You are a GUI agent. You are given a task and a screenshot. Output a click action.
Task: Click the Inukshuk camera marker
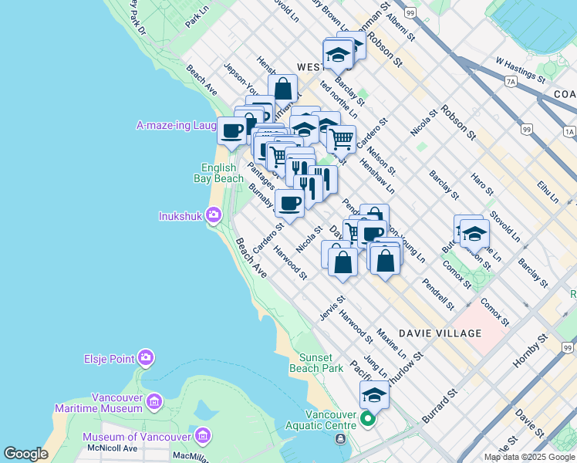click(x=214, y=216)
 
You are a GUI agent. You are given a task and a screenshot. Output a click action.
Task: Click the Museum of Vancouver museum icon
click(x=203, y=436)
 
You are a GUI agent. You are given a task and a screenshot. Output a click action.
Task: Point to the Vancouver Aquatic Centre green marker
click(x=368, y=419)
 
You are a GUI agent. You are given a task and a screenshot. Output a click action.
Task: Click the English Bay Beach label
click(x=222, y=173)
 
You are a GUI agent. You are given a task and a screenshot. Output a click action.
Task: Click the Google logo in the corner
click(x=25, y=454)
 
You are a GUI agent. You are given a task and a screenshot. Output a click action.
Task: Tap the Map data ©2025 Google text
click(x=529, y=457)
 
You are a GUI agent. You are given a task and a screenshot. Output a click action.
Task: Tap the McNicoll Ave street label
click(x=112, y=448)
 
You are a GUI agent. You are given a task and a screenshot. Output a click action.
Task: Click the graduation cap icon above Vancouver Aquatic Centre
click(x=374, y=394)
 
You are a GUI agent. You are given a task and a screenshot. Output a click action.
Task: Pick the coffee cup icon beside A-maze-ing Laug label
click(x=231, y=130)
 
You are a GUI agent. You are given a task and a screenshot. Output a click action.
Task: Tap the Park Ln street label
click(x=197, y=18)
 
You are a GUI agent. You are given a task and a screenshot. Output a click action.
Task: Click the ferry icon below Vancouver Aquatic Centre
click(x=340, y=439)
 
